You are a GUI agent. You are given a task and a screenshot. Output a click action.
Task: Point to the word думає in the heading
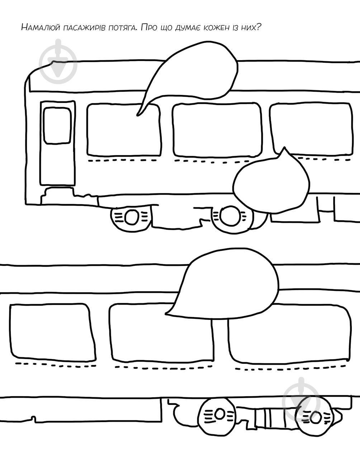click(188, 28)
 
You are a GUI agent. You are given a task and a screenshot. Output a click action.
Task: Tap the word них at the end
click(250, 27)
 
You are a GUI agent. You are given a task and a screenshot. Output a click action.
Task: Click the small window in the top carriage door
click(57, 126)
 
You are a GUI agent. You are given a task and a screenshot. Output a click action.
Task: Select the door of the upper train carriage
click(58, 143)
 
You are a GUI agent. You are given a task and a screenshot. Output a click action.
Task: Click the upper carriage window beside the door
click(124, 130)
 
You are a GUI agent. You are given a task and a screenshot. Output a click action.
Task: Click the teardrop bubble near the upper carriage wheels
click(272, 182)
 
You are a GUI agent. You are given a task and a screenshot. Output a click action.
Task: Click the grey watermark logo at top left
click(58, 62)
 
